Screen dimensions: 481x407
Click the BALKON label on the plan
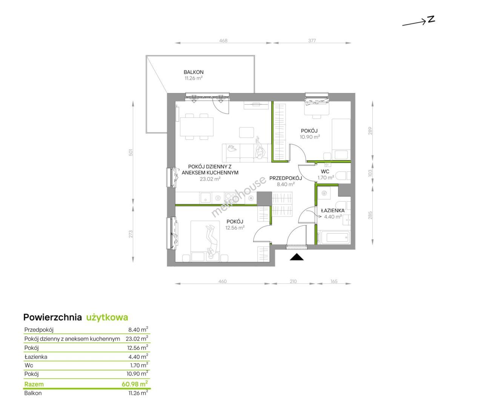coord(194,72)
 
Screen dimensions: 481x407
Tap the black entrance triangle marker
coord(297,257)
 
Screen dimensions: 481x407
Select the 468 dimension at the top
coord(223,41)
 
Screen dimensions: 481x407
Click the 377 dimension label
coord(312,41)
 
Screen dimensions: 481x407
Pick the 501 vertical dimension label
coord(131,152)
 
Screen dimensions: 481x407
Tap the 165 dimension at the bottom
coord(334,282)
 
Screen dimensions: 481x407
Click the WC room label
coord(325,171)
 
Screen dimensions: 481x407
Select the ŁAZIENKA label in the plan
coord(333,211)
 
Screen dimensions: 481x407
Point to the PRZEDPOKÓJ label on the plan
coord(286,178)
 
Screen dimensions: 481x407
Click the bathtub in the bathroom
coord(335,237)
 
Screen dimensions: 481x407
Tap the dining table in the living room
coord(197,127)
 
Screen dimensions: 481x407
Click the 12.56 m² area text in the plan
coord(235,228)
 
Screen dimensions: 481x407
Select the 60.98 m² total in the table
coord(135,384)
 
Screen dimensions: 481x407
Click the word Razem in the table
coord(34,384)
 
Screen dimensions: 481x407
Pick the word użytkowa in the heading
coord(107,318)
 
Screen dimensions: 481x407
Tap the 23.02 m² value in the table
coord(137,339)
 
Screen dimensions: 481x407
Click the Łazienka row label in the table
coord(35,357)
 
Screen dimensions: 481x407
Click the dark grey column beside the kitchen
coord(264,199)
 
